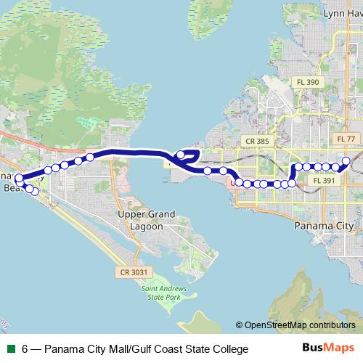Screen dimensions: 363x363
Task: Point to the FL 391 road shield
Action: [x=322, y=180]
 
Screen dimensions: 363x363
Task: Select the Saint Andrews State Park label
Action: [x=160, y=293]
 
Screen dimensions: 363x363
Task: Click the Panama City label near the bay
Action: [x=323, y=226]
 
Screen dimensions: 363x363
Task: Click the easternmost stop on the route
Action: [x=346, y=160]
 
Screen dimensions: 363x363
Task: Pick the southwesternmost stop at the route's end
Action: [x=34, y=191]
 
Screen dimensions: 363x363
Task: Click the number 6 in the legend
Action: [x=25, y=349]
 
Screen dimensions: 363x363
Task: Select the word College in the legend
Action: [x=228, y=349]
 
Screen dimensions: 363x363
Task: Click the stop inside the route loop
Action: [x=181, y=154]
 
